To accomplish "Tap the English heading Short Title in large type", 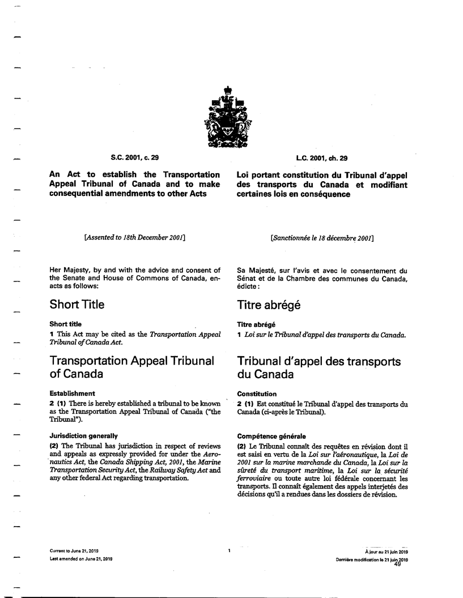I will pos(77,304).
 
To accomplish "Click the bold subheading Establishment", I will pos(71,393).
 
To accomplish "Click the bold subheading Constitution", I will pos(257,394).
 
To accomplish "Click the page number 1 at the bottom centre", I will pos(229,550).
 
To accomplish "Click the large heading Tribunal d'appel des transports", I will pos(320,361).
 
